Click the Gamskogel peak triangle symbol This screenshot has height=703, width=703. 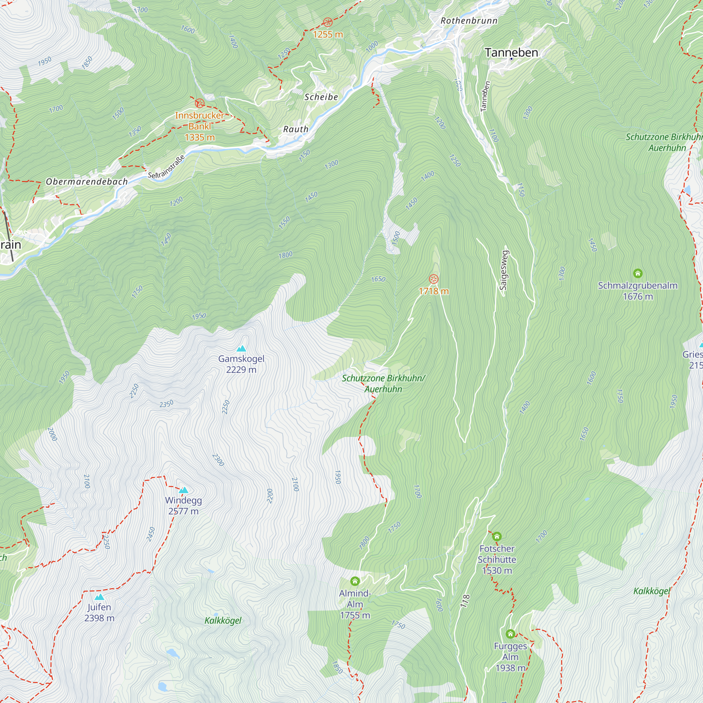pyautogui.click(x=241, y=349)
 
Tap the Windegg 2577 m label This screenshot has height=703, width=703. pyautogui.click(x=183, y=505)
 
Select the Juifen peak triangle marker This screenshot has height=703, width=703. pyautogui.click(x=99, y=597)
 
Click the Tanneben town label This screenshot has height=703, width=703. pyautogui.click(x=511, y=52)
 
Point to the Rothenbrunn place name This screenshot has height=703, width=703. pyautogui.click(x=469, y=21)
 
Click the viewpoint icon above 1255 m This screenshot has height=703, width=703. pyautogui.click(x=328, y=22)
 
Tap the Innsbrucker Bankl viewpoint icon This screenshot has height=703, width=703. pyautogui.click(x=199, y=103)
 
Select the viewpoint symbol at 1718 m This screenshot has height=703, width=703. pyautogui.click(x=433, y=279)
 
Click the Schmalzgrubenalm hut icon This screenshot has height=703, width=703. pyautogui.click(x=638, y=273)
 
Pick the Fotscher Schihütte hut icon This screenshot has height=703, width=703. pyautogui.click(x=497, y=536)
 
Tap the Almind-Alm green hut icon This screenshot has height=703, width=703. pyautogui.click(x=355, y=581)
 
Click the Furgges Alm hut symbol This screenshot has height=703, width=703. pyautogui.click(x=510, y=634)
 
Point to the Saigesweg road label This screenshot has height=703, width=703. pyautogui.click(x=504, y=270)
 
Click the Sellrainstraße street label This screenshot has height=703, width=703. pyautogui.click(x=166, y=167)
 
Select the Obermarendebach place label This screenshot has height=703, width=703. pyautogui.click(x=86, y=181)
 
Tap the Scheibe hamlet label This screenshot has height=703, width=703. pyautogui.click(x=321, y=97)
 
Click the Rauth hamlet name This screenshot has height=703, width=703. pyautogui.click(x=296, y=129)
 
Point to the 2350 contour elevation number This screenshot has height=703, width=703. pyautogui.click(x=166, y=404)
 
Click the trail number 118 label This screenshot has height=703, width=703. pyautogui.click(x=465, y=601)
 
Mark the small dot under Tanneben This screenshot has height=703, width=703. pyautogui.click(x=511, y=59)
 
